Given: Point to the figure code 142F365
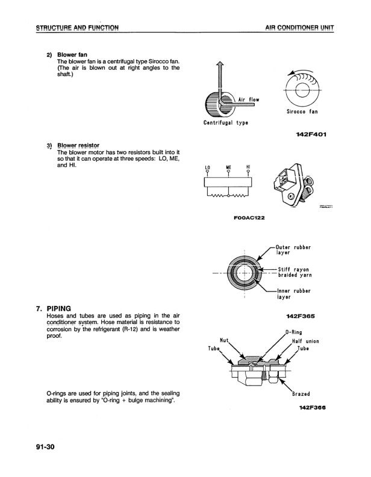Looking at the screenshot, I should pyautogui.click(x=302, y=315).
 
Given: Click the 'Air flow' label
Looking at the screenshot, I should pyautogui.click(x=249, y=99).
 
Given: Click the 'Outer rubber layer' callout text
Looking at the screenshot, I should pyautogui.click(x=292, y=249).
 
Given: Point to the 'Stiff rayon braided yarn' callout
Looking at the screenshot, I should pyautogui.click(x=293, y=272).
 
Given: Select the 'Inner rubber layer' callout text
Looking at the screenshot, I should pyautogui.click(x=292, y=295).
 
